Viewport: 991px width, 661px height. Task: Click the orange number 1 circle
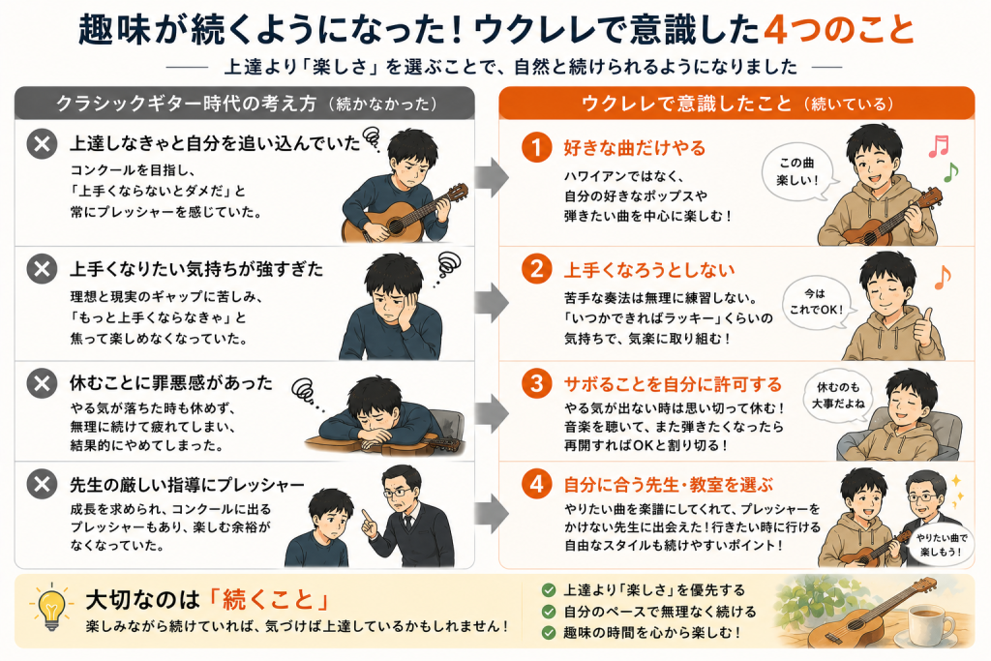click(x=536, y=147)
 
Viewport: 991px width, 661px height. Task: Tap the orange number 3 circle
click(x=536, y=383)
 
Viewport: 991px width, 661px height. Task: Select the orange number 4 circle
click(x=536, y=484)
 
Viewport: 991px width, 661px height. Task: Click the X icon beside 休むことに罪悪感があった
click(x=43, y=383)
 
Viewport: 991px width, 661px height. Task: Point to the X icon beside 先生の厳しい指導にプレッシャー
click(x=43, y=484)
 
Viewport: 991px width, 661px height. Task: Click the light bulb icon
click(x=51, y=607)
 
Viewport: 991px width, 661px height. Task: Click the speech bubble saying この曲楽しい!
click(x=798, y=172)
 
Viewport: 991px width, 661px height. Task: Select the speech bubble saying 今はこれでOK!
click(x=815, y=302)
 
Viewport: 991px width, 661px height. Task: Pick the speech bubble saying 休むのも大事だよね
click(x=838, y=396)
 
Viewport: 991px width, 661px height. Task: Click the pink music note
click(x=939, y=146)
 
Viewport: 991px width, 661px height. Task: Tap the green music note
click(x=950, y=171)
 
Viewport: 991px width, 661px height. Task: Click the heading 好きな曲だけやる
click(x=635, y=148)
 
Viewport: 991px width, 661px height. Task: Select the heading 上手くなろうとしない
click(x=649, y=270)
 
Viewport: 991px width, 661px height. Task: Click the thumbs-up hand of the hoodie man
click(x=926, y=324)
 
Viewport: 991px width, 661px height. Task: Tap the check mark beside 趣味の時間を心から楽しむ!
click(x=549, y=632)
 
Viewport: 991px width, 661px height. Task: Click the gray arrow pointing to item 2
click(x=492, y=303)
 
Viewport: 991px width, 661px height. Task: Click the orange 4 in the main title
click(x=777, y=30)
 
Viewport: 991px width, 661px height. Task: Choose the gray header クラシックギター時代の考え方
click(x=186, y=103)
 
